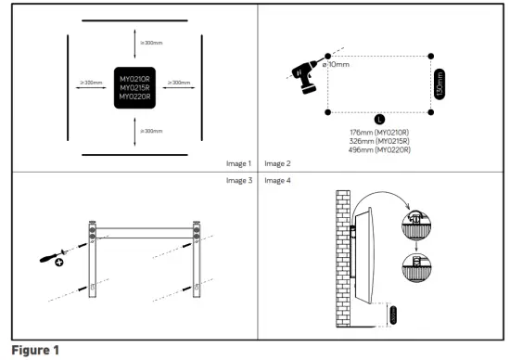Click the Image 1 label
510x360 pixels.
tap(238, 163)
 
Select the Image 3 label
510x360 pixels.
tap(238, 180)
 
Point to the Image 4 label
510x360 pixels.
tap(277, 180)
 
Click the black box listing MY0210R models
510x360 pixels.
tap(135, 87)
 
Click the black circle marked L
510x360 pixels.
tap(378, 119)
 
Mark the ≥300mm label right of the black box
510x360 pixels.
tap(178, 83)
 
